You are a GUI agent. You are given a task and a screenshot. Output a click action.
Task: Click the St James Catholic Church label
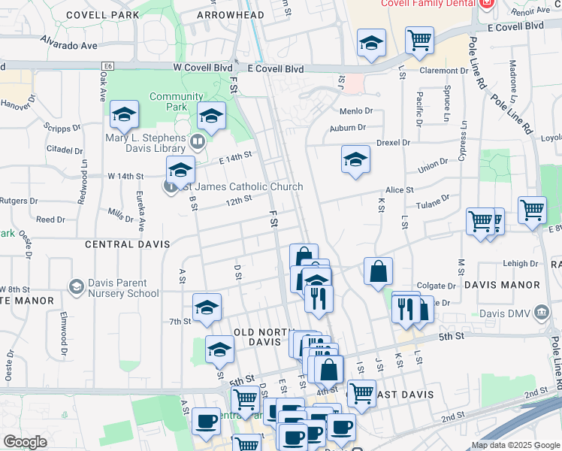242,187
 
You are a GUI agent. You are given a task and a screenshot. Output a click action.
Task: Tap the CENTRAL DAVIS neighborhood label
128,244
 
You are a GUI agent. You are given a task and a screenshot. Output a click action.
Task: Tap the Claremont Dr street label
444,71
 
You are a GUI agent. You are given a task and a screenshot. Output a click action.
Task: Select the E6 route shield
109,66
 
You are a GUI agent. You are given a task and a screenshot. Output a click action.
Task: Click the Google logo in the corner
25,442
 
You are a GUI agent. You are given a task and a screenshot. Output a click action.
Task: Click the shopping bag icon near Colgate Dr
379,271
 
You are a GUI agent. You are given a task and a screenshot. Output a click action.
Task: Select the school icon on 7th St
207,306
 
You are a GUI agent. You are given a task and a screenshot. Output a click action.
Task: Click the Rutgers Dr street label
19,201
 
